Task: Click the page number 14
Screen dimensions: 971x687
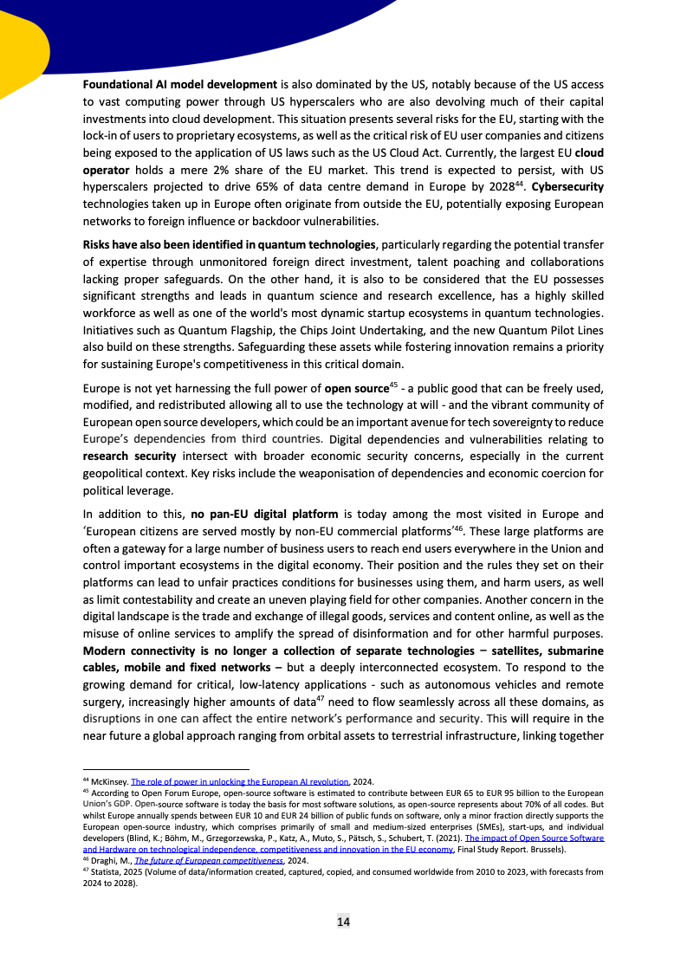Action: pos(343,922)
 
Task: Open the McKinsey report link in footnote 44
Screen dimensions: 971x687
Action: pos(239,780)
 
